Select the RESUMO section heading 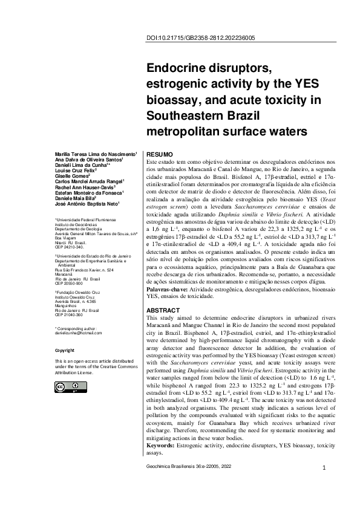point(160,155)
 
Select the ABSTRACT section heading point(163,310)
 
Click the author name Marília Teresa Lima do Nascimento point(96,155)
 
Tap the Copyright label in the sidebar point(65,350)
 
